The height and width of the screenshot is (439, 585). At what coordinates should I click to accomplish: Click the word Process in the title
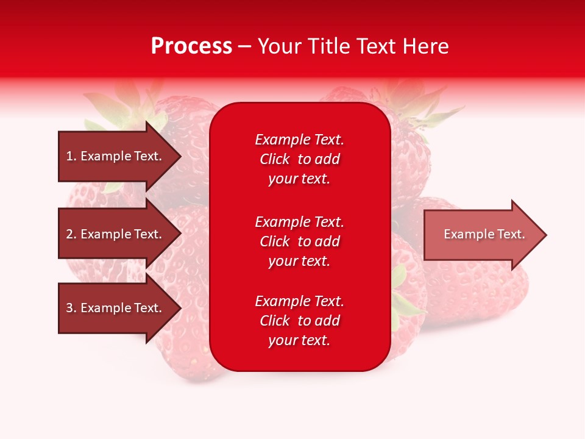(191, 46)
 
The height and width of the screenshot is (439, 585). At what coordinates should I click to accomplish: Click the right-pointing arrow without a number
(484, 235)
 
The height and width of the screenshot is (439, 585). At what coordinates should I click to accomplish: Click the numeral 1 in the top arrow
(69, 156)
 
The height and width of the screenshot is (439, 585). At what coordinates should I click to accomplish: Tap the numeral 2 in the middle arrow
(69, 234)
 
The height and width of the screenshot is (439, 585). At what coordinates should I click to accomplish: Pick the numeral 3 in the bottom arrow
(69, 308)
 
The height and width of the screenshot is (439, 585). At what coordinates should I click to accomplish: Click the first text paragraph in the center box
(299, 159)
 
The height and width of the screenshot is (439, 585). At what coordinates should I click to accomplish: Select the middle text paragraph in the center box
(299, 241)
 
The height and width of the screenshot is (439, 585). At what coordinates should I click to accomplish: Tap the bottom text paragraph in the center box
(299, 321)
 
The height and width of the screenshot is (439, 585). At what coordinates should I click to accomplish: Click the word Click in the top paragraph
(275, 160)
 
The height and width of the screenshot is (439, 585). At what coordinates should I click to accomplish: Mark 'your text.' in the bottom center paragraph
(299, 340)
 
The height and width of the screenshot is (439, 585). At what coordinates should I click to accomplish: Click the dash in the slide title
(245, 46)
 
